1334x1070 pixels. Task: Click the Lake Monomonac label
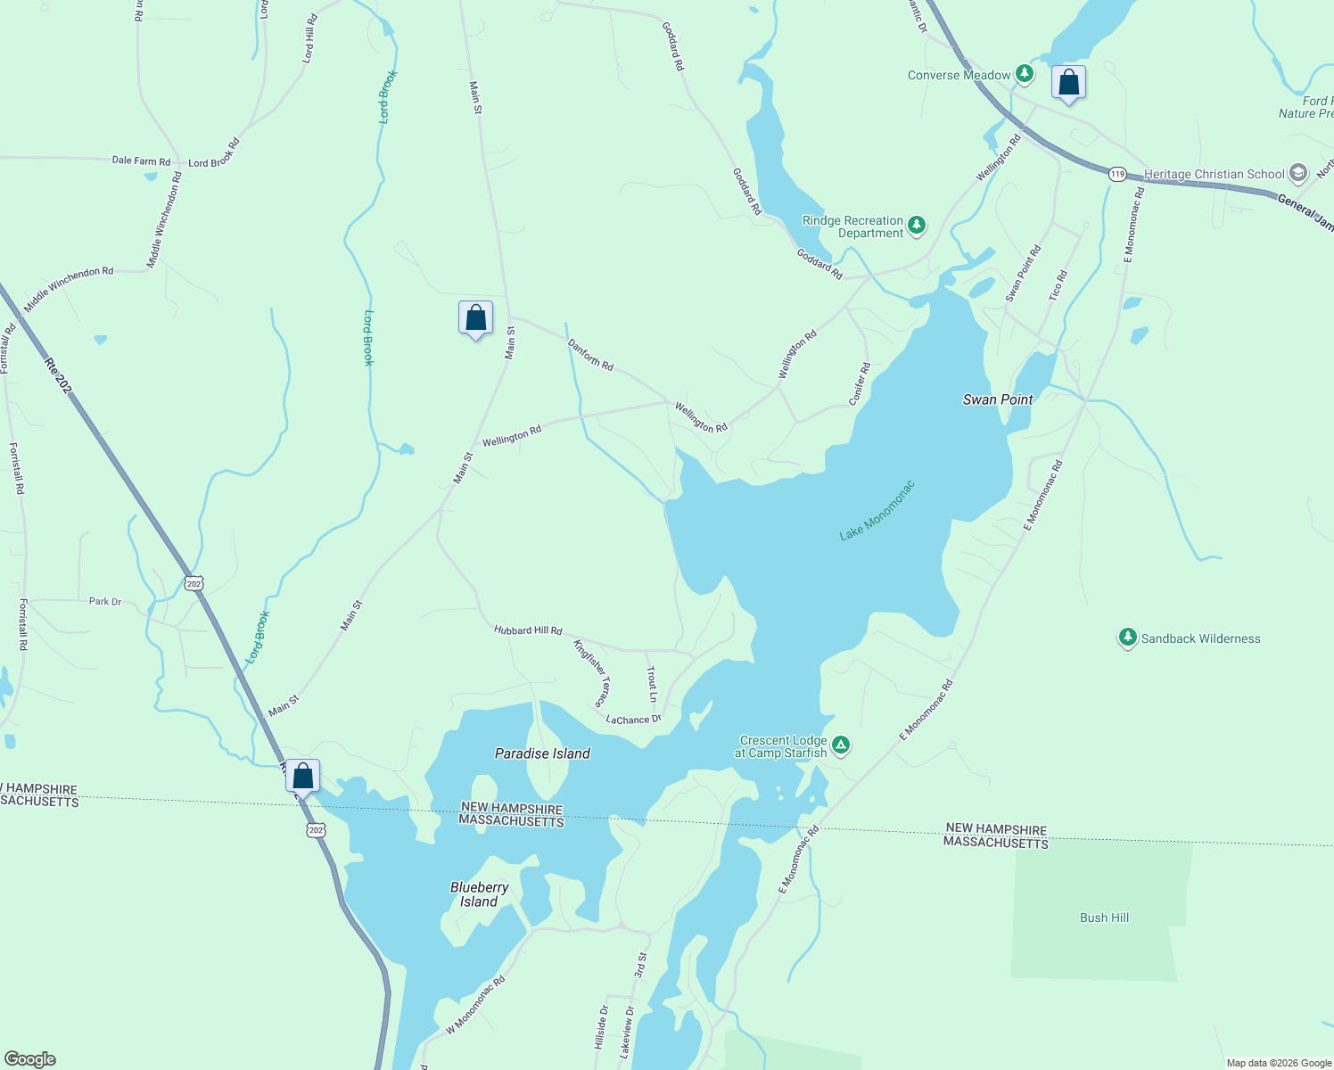pyautogui.click(x=877, y=511)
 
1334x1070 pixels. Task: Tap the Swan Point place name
pyautogui.click(x=998, y=399)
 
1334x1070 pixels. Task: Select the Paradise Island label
pyautogui.click(x=542, y=753)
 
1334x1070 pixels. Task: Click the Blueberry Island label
pyautogui.click(x=479, y=894)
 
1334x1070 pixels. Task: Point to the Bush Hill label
pyautogui.click(x=1104, y=918)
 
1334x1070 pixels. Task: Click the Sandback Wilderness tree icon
pyautogui.click(x=1128, y=638)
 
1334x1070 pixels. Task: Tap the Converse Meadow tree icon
pyautogui.click(x=1025, y=74)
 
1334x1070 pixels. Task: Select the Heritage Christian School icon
pyautogui.click(x=1298, y=173)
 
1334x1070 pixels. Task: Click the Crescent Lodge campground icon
pyautogui.click(x=840, y=745)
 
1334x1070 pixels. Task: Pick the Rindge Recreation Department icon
pyautogui.click(x=917, y=225)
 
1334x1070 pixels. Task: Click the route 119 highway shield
pyautogui.click(x=1118, y=174)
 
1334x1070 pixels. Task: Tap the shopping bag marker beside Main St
pyautogui.click(x=475, y=318)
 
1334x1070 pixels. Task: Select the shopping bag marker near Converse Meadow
pyautogui.click(x=1068, y=83)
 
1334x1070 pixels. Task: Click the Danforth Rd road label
pyautogui.click(x=590, y=354)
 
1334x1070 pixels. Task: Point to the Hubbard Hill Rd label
pyautogui.click(x=528, y=630)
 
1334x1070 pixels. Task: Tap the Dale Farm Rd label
pyautogui.click(x=141, y=161)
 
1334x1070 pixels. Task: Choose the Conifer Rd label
pyautogui.click(x=860, y=384)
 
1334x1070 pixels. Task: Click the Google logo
pyautogui.click(x=29, y=1059)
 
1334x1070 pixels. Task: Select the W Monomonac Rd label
pyautogui.click(x=475, y=1005)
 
